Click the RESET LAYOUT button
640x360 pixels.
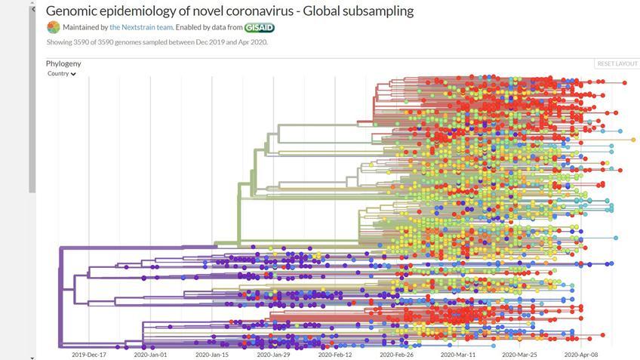[x=617, y=64]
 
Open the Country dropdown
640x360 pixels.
[x=61, y=74]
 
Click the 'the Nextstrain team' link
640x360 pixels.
[x=141, y=27]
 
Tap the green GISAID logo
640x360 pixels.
[x=259, y=27]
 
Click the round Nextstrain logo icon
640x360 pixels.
[x=53, y=27]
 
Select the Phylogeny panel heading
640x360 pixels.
[x=63, y=63]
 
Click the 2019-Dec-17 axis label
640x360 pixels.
[x=89, y=354]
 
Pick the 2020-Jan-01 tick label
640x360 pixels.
[x=150, y=354]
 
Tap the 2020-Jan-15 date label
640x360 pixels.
[x=212, y=354]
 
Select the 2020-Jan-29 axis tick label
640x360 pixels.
[x=273, y=354]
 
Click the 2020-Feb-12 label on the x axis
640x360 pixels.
[x=335, y=354]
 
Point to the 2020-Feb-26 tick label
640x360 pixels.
[x=396, y=354]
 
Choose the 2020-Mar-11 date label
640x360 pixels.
[x=458, y=354]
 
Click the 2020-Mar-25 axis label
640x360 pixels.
[x=519, y=354]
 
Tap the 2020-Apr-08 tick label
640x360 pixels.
[x=581, y=354]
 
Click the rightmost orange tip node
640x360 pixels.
[x=632, y=140]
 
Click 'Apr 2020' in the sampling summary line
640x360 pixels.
[x=254, y=42]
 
